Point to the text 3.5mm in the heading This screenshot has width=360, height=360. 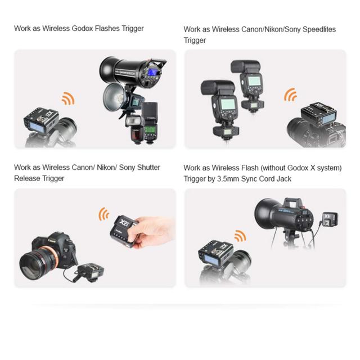(235, 179)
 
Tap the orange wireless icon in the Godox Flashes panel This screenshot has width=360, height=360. (67, 99)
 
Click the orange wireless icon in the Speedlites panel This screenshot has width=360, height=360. (290, 94)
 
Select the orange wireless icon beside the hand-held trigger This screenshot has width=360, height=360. (103, 214)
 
